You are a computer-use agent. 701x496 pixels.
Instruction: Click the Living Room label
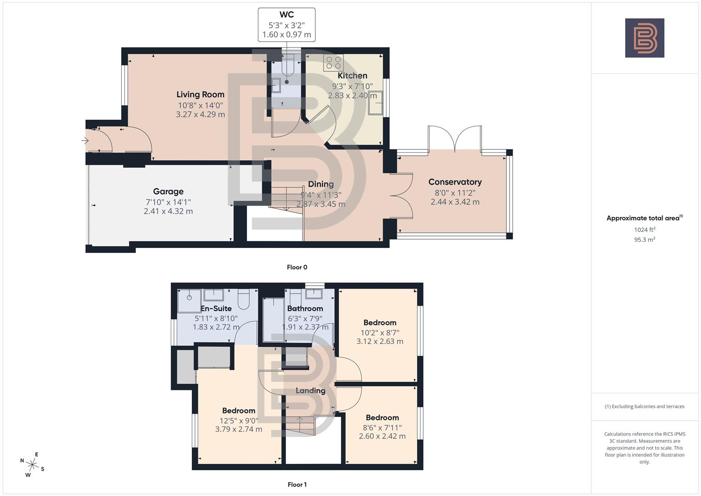200,95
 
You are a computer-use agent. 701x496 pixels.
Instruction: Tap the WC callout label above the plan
286,15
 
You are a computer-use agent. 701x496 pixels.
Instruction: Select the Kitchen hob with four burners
333,62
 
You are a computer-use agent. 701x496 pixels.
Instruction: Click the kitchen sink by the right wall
375,103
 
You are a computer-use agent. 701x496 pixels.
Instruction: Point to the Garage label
168,192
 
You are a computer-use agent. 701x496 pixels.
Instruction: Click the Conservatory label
454,182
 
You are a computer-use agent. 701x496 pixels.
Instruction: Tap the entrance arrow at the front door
85,141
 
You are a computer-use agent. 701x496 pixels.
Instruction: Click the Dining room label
320,184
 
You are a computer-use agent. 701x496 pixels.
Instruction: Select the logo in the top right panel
645,38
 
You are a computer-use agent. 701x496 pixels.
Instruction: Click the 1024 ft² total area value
645,230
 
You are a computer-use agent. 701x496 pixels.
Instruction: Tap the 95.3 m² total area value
645,240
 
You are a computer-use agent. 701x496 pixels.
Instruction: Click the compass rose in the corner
32,464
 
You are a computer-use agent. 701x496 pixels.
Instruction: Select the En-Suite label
216,309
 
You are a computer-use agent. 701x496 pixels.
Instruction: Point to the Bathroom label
305,309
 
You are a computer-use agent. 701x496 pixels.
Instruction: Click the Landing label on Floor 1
310,391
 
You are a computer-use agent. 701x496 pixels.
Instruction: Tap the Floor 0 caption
297,267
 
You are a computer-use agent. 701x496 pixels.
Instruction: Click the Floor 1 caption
297,485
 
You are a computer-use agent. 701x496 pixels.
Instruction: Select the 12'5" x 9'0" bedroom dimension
239,421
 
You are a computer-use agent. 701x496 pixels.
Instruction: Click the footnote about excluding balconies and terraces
645,406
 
